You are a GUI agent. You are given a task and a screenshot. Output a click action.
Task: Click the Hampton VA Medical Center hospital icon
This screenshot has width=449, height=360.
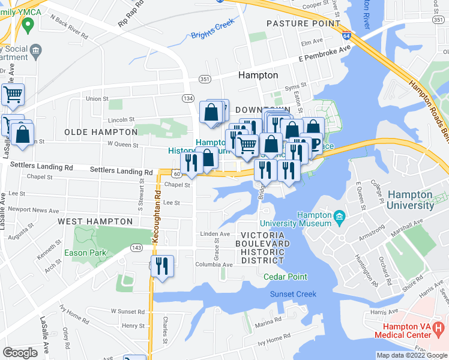click(439, 329)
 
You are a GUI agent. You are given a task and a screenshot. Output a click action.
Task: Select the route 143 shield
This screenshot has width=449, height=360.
click(137, 247)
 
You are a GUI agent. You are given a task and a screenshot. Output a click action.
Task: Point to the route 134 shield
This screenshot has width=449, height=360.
click(188, 97)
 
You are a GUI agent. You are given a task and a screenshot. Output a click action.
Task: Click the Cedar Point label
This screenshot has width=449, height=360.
click(285, 277)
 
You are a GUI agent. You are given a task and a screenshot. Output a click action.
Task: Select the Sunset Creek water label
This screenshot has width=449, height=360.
click(292, 294)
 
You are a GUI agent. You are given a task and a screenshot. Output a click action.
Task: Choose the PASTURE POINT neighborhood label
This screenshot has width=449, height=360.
click(295, 23)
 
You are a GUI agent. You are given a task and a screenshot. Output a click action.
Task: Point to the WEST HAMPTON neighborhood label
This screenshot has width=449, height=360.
click(95, 221)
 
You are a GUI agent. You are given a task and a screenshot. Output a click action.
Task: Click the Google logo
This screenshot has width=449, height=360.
click(20, 353)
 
